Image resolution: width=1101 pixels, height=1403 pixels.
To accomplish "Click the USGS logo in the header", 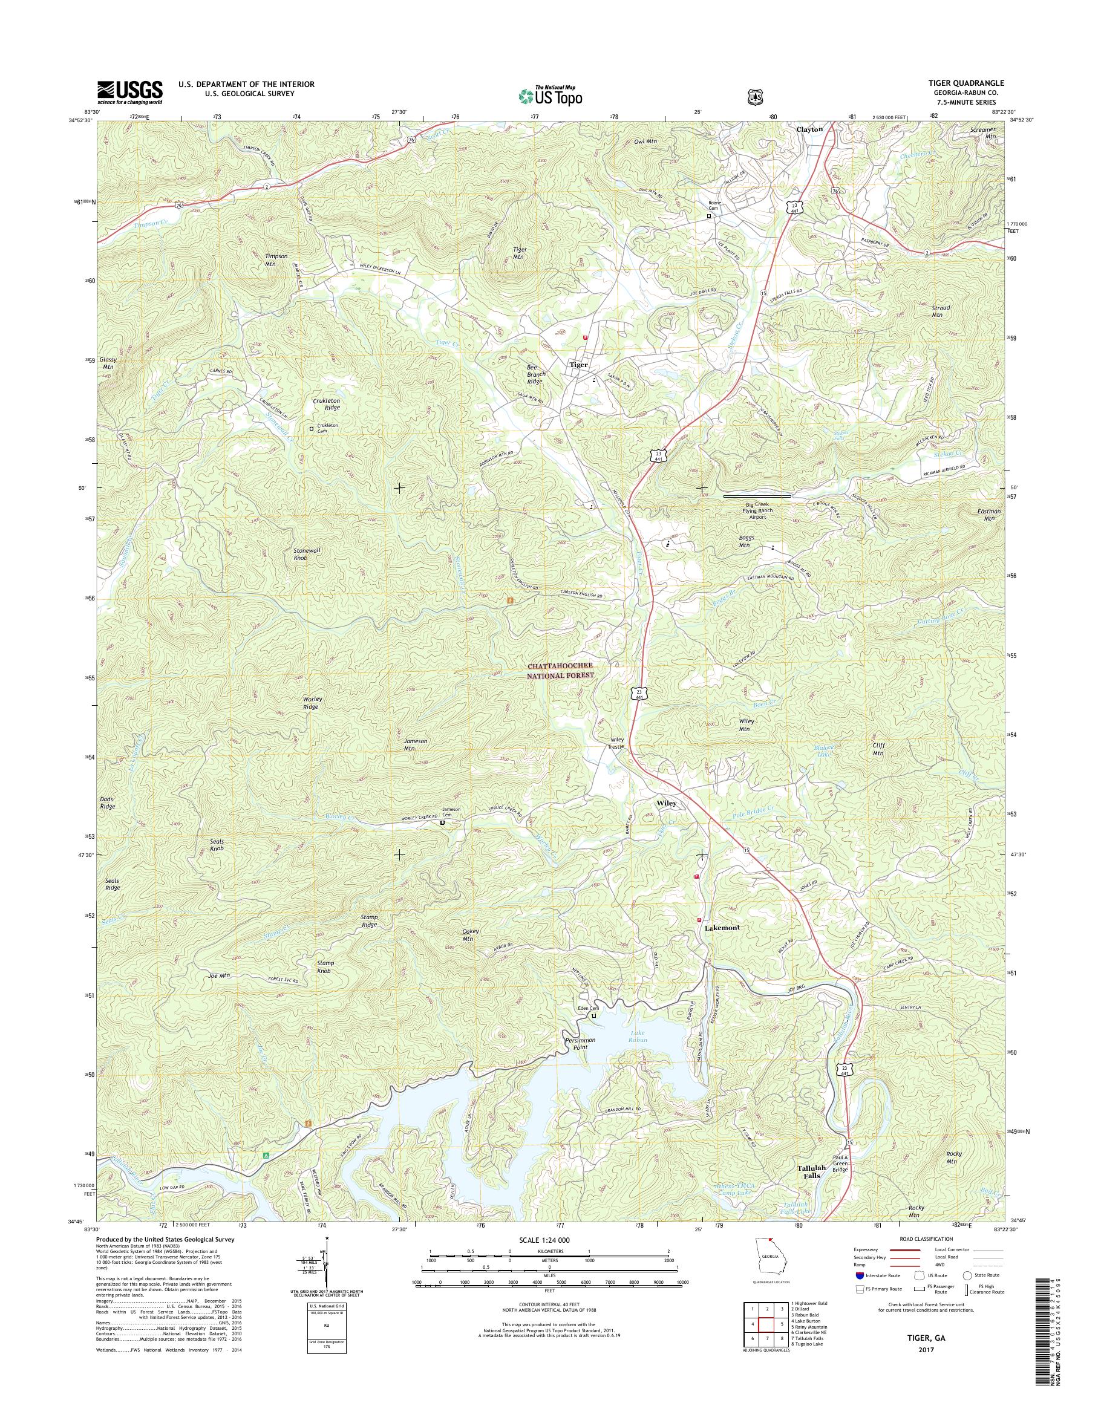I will coord(129,92).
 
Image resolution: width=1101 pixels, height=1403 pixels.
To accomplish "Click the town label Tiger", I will coord(578,365).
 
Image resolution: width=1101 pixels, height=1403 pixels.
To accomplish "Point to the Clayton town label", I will coord(809,129).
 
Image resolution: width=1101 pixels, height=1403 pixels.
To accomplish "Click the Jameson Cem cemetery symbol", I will coord(442,823).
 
